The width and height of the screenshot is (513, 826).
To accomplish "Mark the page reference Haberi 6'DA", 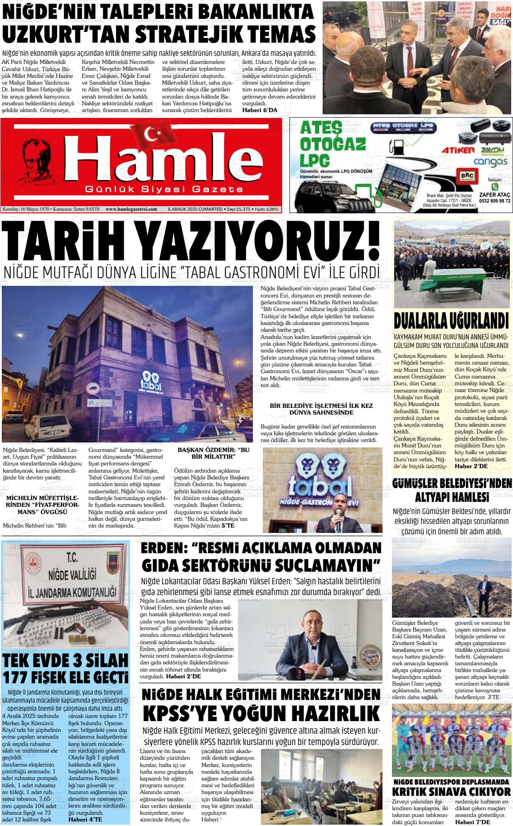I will point(260,110).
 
